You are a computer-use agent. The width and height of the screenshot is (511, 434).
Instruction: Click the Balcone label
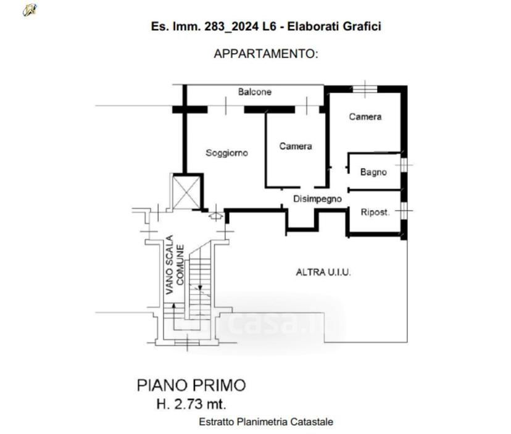pos(254,92)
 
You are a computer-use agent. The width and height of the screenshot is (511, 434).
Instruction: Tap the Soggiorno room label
pos(227,153)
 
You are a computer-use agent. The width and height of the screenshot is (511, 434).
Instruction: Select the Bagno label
pos(373,172)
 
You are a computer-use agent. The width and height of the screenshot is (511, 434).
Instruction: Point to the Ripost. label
pos(375,212)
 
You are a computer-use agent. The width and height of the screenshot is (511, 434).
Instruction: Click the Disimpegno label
pos(317,199)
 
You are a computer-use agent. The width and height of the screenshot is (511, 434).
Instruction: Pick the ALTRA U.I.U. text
pos(323,272)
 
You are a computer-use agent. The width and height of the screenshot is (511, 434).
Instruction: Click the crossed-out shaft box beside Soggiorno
pos(186,193)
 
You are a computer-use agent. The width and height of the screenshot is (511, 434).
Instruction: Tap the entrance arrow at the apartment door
pos(216,215)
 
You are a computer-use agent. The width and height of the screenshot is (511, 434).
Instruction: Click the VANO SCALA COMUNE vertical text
pos(175,265)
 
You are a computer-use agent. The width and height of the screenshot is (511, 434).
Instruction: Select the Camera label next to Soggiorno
pos(296,146)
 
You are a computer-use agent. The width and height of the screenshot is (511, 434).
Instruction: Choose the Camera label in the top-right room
pos(365,117)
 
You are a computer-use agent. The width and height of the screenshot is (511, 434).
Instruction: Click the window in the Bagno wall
pos(404,165)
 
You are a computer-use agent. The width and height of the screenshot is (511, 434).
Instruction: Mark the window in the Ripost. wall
pos(404,211)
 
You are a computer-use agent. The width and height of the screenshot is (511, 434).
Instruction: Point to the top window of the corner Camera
pos(365,89)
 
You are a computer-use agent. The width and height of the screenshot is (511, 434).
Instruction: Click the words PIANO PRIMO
pos(191,385)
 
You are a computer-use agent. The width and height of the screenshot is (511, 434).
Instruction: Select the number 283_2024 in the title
pos(231,26)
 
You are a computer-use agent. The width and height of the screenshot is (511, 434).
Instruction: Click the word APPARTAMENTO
pos(265,54)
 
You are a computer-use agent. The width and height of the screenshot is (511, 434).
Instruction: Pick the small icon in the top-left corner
pos(30,10)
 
